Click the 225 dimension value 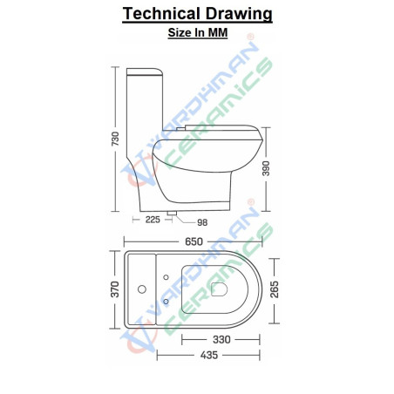(153, 220)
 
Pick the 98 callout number (203, 222)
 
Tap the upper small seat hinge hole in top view (166, 277)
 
